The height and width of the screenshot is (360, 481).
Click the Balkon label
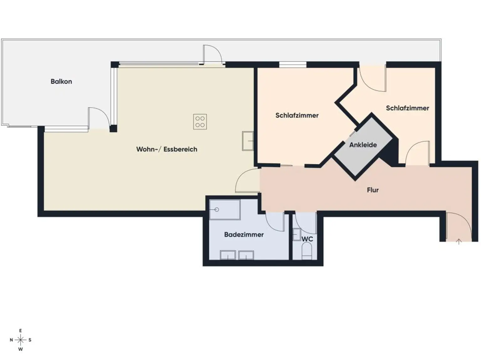[61, 81]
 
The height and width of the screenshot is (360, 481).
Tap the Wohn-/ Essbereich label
[167, 149]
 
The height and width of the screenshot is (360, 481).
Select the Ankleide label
[363, 145]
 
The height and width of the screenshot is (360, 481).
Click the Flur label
[373, 190]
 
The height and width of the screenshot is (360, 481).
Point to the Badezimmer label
[244, 235]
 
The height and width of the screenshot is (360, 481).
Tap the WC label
[307, 239]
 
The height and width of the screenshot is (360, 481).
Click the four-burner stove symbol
[200, 122]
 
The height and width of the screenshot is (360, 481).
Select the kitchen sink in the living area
[248, 141]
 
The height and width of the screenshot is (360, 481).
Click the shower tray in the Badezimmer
[225, 209]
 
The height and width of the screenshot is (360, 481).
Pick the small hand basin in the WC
[297, 235]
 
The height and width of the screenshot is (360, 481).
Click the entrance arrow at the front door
[459, 242]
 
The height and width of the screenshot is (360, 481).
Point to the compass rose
[21, 340]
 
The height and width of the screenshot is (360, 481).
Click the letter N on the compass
[11, 340]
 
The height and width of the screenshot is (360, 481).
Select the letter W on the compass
[21, 349]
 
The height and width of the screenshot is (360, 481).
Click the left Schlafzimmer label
[297, 116]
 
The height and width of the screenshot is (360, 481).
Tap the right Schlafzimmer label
[407, 108]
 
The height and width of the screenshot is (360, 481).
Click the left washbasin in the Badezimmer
[228, 255]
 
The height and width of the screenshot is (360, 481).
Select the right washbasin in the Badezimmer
[246, 255]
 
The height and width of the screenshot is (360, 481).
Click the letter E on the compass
[21, 331]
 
